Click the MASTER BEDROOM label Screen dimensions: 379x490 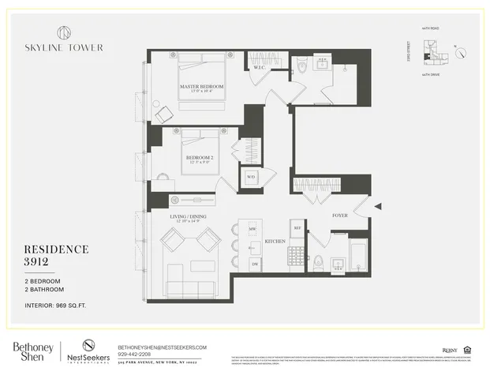(x=201, y=86)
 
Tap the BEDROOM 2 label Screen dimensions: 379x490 (x=199, y=157)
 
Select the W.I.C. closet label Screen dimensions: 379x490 (x=260, y=68)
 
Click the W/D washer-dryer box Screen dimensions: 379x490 (x=251, y=177)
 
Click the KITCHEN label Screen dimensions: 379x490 (x=274, y=240)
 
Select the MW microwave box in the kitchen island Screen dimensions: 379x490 (x=252, y=229)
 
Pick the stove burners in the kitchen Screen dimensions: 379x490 (x=297, y=256)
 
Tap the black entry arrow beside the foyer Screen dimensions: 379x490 (x=377, y=207)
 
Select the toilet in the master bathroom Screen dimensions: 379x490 (x=302, y=68)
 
